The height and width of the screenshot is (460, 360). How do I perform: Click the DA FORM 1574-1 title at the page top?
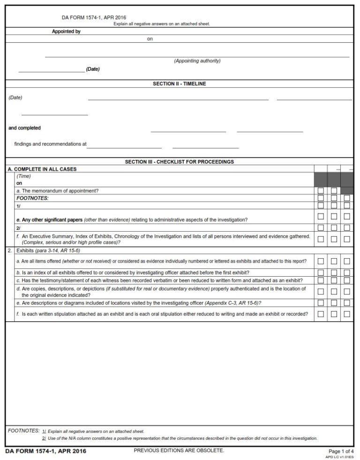94,17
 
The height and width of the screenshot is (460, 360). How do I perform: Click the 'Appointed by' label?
66,31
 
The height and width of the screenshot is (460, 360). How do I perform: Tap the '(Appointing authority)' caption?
197,61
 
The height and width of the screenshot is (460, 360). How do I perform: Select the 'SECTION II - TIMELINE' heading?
179,83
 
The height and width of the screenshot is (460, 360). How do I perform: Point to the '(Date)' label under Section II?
15,98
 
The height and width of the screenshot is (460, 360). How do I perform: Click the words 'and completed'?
24,128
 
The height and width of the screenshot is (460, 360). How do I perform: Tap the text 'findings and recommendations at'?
50,144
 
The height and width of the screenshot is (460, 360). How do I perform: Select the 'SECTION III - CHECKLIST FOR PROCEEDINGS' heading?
179,162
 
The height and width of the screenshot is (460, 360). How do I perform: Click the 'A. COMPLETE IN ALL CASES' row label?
42,169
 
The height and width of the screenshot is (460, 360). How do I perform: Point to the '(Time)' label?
23,176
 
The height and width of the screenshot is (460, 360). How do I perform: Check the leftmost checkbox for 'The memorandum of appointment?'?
321,191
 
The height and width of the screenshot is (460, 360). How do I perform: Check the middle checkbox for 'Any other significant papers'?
334,216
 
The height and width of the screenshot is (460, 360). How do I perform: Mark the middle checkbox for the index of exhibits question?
334,272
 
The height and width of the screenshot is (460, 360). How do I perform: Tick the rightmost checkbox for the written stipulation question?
347,314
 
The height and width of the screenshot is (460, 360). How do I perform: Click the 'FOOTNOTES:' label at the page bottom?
23,430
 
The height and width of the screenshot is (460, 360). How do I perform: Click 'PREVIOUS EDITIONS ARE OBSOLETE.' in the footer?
179,451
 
